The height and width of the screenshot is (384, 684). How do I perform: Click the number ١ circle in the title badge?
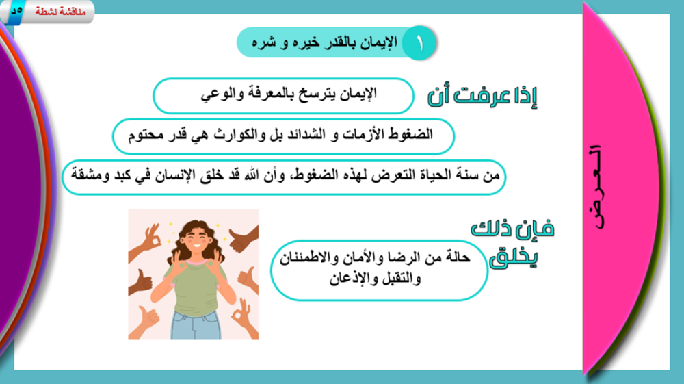419,42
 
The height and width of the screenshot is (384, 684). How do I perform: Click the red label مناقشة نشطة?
60,12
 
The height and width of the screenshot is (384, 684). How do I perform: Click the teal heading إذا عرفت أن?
482,94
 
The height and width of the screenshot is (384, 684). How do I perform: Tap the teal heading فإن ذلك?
512,228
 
